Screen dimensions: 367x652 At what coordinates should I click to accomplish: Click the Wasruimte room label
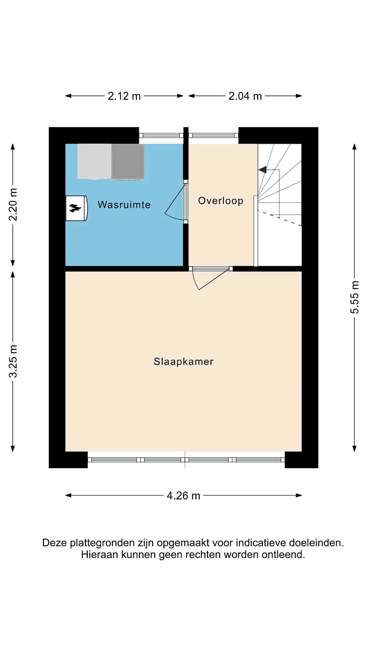point(124,205)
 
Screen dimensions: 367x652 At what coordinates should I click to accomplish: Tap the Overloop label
point(221,201)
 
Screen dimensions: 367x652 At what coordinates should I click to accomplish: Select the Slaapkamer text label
point(184,362)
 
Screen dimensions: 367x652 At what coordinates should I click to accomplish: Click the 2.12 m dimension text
point(124,96)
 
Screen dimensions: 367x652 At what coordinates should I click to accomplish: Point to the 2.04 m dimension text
point(245,96)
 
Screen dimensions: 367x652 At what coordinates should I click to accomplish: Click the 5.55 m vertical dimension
point(355,297)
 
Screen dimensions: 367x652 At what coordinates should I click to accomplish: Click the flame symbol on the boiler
point(75,208)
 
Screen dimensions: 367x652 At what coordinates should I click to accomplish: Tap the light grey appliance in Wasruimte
point(94,161)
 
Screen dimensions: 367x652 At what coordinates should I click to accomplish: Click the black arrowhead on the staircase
point(262,170)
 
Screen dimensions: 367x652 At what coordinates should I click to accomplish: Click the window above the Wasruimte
point(161,135)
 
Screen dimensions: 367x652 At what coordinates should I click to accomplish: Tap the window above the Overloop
point(214,135)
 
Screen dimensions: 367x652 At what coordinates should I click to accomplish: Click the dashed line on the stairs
point(280,218)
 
